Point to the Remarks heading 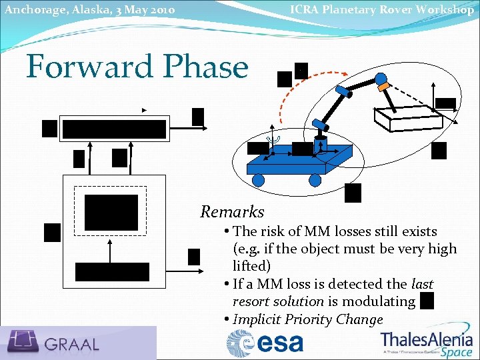(x=232, y=212)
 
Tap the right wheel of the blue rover (x=315, y=179)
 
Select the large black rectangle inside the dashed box (x=111, y=212)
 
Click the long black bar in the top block (x=113, y=129)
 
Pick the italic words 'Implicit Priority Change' (x=307, y=319)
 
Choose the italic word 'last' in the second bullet (x=423, y=284)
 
